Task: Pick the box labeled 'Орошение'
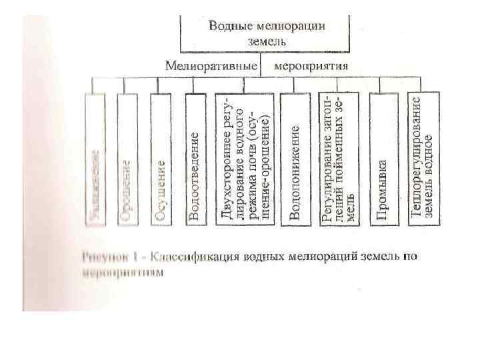click(127, 159)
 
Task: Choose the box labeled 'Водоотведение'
click(196, 159)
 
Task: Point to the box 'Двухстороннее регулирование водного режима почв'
click(245, 159)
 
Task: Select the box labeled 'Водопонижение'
click(295, 159)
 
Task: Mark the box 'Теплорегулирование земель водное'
click(423, 159)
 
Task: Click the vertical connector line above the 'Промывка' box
click(379, 85)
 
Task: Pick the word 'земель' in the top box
click(267, 41)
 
